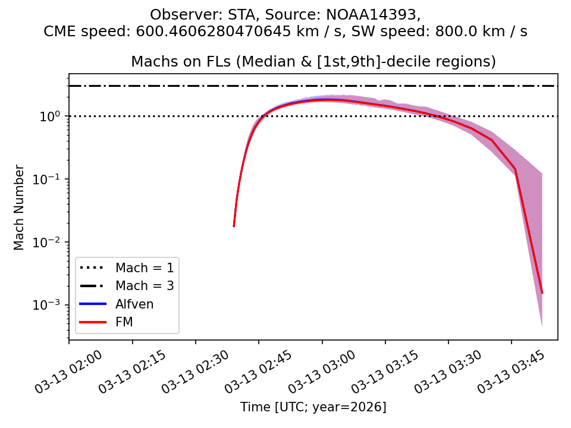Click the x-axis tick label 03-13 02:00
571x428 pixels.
click(x=62, y=372)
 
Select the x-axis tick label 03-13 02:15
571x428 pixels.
click(x=126, y=372)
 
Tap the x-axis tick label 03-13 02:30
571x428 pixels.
click(x=189, y=372)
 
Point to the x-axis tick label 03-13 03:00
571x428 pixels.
click(x=315, y=372)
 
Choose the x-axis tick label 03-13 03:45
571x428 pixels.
click(x=504, y=372)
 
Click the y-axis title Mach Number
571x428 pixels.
click(x=20, y=207)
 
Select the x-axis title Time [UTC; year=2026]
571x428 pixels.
click(x=313, y=407)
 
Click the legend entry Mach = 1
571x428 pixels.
click(x=145, y=267)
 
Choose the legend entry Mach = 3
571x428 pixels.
click(x=145, y=286)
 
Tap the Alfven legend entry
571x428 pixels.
click(x=134, y=304)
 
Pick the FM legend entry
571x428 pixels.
click(x=124, y=323)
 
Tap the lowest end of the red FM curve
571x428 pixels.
click(x=542, y=292)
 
